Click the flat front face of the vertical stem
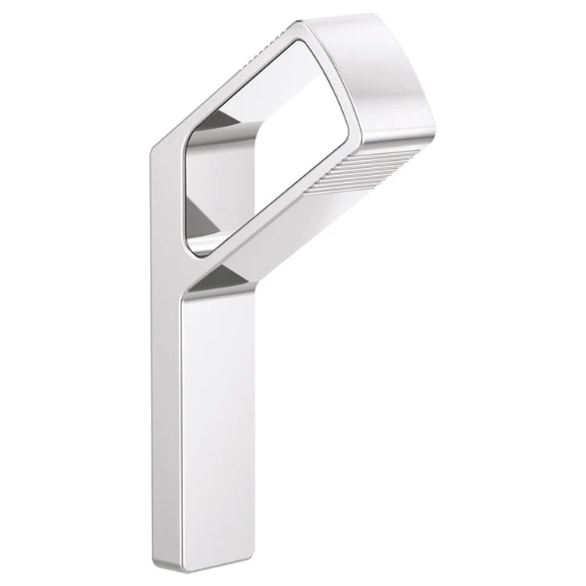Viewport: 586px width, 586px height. [x=215, y=422]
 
